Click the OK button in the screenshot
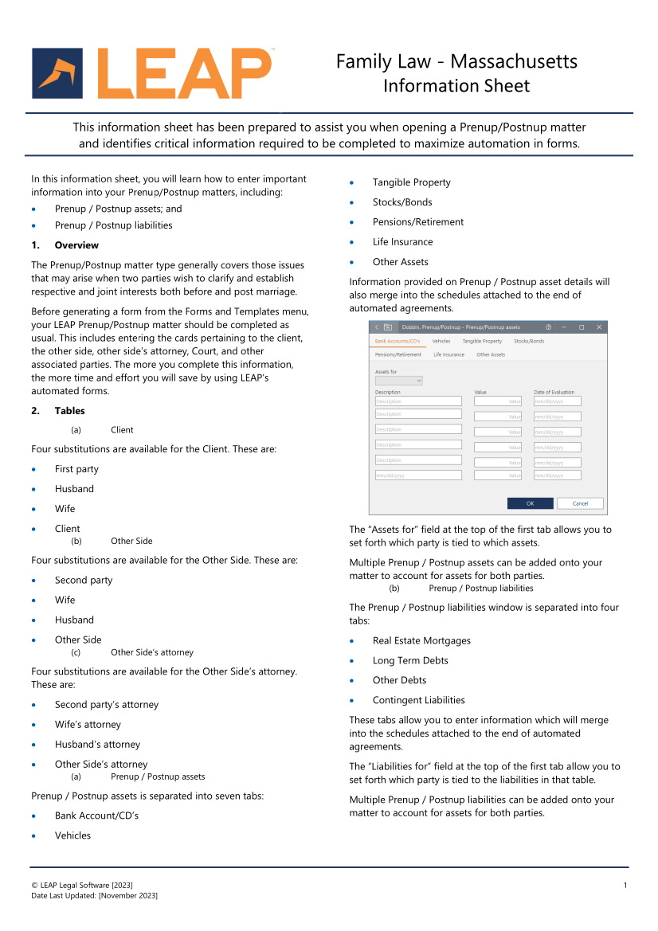[530, 503]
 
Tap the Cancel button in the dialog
[580, 503]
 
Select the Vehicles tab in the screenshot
[441, 341]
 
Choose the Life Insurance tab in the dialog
[448, 354]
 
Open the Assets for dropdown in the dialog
[398, 381]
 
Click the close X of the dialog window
[599, 327]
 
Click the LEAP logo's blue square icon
[57, 73]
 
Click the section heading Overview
[76, 245]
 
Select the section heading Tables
[69, 411]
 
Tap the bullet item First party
[76, 469]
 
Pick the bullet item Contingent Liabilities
[418, 700]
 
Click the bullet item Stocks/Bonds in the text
[402, 202]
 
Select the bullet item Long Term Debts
[410, 660]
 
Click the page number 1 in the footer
[625, 886]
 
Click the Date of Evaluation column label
[554, 392]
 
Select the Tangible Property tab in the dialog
[482, 341]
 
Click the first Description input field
[418, 401]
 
